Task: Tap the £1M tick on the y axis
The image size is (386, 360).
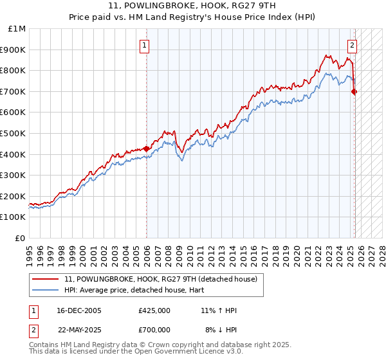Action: pyautogui.click(x=17, y=29)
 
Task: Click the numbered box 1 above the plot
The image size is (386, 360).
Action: pyautogui.click(x=145, y=46)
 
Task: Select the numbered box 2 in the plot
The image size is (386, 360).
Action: pyautogui.click(x=353, y=46)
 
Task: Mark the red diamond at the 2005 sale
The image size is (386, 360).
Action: pyautogui.click(x=146, y=148)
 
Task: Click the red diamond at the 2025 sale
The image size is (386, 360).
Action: pyautogui.click(x=354, y=91)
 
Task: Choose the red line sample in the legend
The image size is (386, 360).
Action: pyautogui.click(x=46, y=279)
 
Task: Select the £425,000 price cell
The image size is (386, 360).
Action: pyautogui.click(x=154, y=310)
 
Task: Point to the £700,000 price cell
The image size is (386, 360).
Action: pyautogui.click(x=154, y=329)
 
